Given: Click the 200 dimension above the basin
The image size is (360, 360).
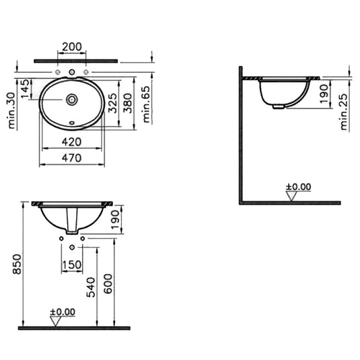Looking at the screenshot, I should [x=71, y=47].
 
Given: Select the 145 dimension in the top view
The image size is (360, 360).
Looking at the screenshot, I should [x=25, y=89].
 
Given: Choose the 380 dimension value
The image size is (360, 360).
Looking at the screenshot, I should [x=127, y=102].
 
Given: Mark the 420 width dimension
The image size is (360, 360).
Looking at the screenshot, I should [x=71, y=142].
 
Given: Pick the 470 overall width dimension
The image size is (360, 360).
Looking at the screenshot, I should [x=71, y=157].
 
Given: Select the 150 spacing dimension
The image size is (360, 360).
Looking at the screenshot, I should [x=71, y=265].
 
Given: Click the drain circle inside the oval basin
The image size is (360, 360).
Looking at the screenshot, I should [x=71, y=99].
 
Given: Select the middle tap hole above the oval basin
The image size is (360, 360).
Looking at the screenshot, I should [x=71, y=71].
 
